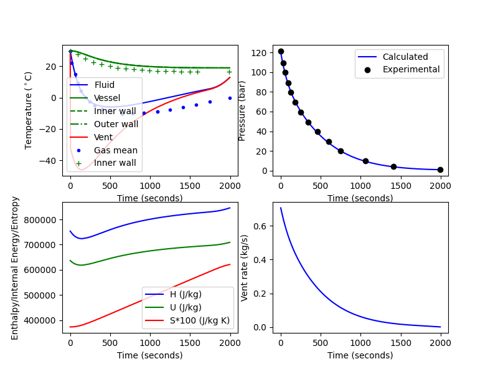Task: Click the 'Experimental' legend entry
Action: [411, 69]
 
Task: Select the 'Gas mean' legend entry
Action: [115, 150]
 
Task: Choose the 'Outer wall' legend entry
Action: [116, 124]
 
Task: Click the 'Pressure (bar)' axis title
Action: [243, 110]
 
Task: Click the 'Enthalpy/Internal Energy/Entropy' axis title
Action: [16, 267]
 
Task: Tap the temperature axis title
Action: [29, 110]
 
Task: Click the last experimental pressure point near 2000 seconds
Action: [440, 170]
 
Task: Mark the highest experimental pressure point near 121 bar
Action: [281, 52]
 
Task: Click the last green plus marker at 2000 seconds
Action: [230, 72]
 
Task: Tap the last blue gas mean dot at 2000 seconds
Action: [230, 98]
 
